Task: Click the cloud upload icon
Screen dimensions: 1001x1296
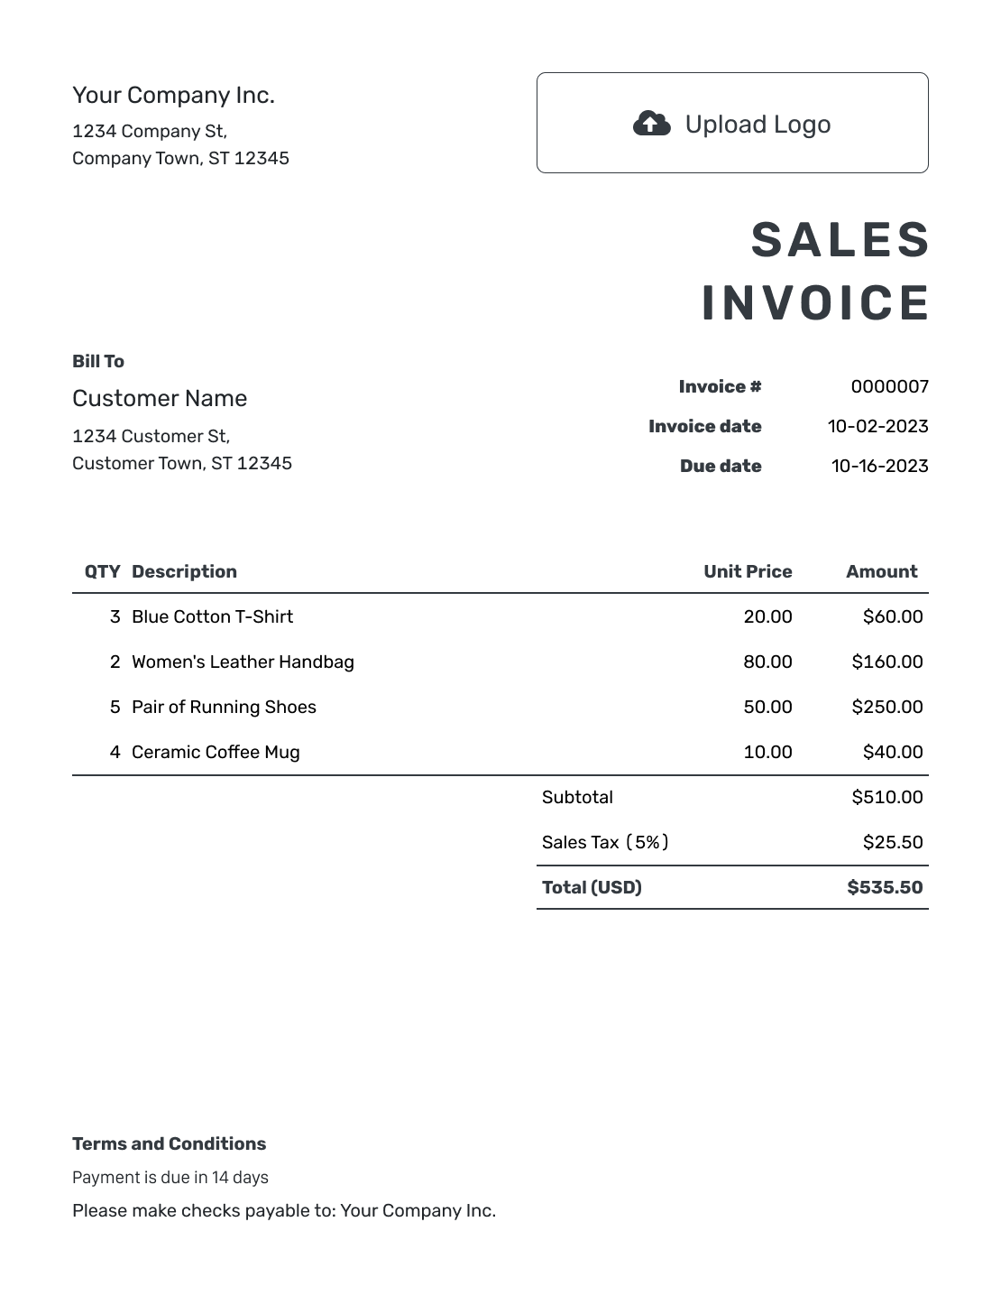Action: (651, 123)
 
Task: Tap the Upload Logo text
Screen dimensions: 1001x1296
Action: (758, 125)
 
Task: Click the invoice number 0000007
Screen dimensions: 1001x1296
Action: (889, 387)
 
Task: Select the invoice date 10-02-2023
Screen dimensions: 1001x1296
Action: (877, 427)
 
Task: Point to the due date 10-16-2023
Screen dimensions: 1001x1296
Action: (879, 467)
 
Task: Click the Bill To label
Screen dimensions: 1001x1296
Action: (98, 362)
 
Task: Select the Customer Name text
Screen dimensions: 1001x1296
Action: (160, 399)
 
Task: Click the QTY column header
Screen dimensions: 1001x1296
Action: (102, 572)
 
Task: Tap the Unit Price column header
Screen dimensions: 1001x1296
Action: (748, 572)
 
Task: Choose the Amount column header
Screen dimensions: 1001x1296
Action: (881, 572)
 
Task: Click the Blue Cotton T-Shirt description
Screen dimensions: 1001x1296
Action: (212, 617)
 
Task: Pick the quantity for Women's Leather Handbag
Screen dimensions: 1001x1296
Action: (115, 662)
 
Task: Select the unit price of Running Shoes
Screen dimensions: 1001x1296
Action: (767, 708)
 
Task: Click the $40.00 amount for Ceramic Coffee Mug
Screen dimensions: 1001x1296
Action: (892, 753)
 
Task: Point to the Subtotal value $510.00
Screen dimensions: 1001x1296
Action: (886, 798)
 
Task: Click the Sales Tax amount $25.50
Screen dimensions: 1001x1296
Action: (892, 843)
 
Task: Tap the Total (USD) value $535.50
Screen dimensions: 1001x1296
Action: (885, 888)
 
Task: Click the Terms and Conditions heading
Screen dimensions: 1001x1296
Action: (169, 1144)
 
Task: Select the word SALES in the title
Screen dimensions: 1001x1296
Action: (840, 241)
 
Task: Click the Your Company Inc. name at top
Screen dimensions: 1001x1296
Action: (173, 96)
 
